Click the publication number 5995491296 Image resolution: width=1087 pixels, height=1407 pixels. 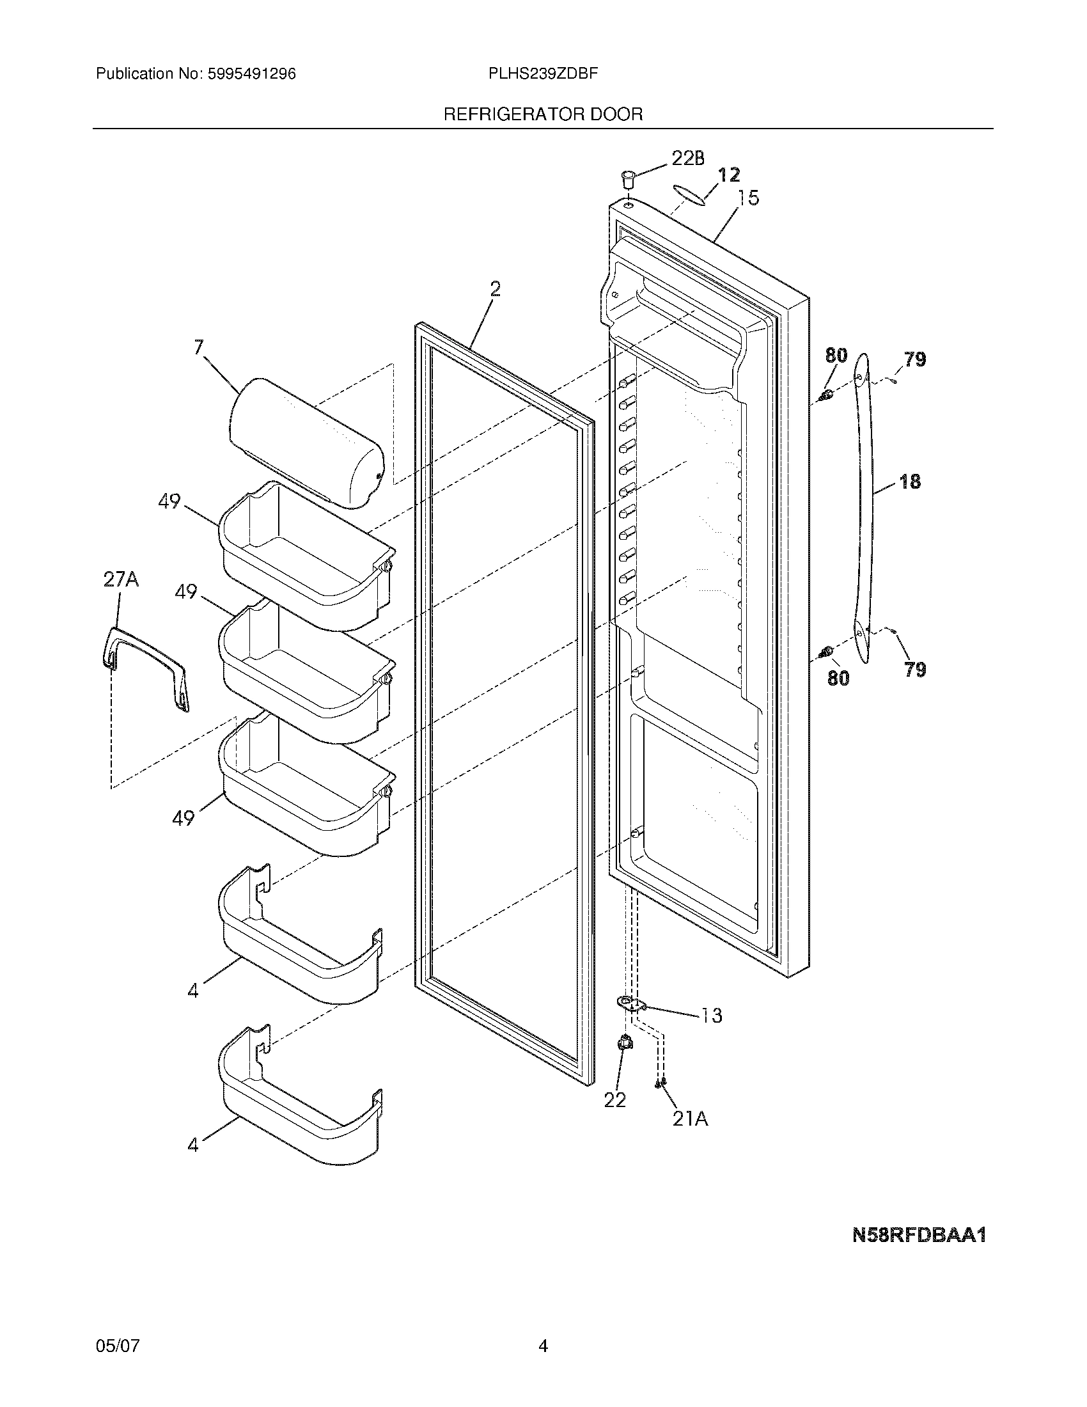[x=251, y=74]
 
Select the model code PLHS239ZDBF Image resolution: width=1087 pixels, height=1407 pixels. [x=543, y=74]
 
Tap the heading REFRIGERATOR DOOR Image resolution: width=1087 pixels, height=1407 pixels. [x=543, y=114]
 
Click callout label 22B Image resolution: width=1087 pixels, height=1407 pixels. [x=687, y=159]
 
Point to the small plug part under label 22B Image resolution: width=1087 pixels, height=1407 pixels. [x=628, y=177]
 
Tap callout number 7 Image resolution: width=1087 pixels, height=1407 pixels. [x=198, y=348]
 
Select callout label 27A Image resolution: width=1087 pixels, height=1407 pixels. [x=121, y=580]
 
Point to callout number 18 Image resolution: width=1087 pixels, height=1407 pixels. [x=909, y=480]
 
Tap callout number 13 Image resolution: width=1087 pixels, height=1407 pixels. [x=710, y=1016]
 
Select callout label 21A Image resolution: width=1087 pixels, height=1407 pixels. [x=690, y=1120]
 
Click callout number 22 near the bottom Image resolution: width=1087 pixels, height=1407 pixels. [x=614, y=1101]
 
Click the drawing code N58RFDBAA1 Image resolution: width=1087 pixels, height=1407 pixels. [x=919, y=1235]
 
